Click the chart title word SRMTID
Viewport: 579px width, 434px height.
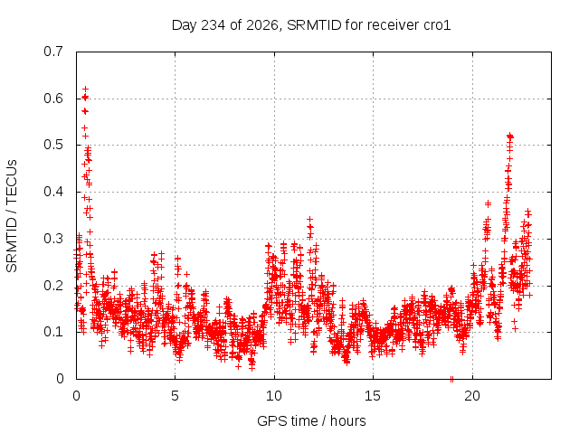(x=314, y=25)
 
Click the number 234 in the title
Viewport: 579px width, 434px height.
(x=213, y=25)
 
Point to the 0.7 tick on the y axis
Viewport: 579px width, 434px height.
(x=53, y=52)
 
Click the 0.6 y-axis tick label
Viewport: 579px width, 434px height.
(x=53, y=99)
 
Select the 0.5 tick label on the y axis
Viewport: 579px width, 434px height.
(x=53, y=145)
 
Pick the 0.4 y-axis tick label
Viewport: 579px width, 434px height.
(x=53, y=192)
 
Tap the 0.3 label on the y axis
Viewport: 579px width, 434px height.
(x=53, y=239)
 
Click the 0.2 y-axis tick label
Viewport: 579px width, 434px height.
(x=53, y=286)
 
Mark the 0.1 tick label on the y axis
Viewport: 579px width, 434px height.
(x=53, y=332)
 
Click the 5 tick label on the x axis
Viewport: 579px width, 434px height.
(x=175, y=396)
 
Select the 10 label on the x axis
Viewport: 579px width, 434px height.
(x=273, y=396)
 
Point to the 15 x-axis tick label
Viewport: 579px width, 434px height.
(x=373, y=396)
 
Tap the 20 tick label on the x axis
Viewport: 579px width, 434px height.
(x=472, y=396)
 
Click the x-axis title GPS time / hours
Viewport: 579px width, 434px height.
(x=311, y=421)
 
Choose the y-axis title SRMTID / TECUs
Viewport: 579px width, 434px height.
(x=12, y=216)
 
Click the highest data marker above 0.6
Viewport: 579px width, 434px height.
(x=86, y=90)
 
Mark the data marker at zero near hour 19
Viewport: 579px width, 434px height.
(x=451, y=379)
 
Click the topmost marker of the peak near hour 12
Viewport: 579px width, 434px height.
(x=310, y=219)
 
